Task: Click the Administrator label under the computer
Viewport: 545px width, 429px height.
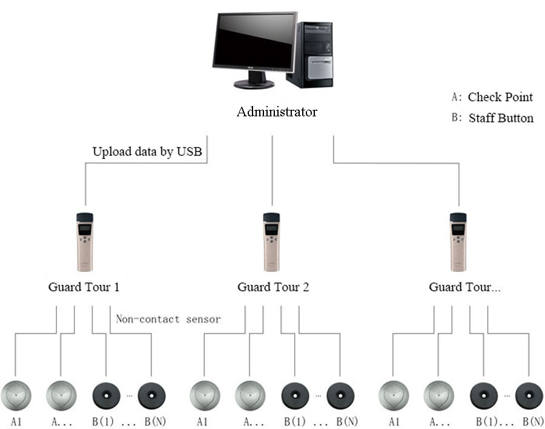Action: [277, 112]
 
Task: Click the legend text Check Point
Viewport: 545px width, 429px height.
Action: [500, 97]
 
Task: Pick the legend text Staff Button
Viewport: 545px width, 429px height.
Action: [501, 118]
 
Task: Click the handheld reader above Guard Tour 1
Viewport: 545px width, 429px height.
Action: [84, 241]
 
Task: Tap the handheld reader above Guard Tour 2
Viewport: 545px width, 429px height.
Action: [271, 241]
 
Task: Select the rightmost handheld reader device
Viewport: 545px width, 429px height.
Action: [458, 241]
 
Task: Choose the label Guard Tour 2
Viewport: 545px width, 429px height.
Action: [272, 287]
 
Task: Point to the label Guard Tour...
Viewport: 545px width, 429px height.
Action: [464, 287]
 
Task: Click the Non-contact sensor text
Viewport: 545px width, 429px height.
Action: [168, 319]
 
